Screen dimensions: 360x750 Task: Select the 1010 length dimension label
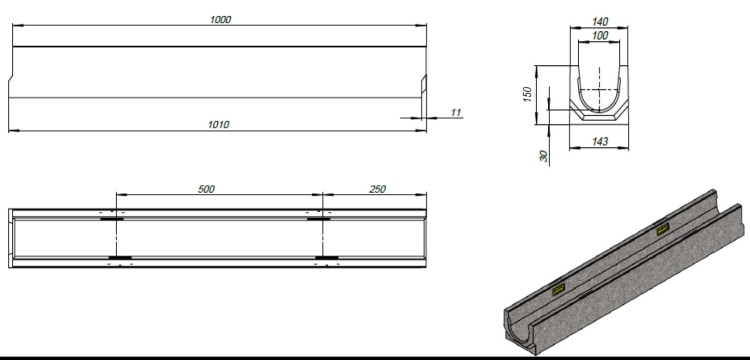point(219,125)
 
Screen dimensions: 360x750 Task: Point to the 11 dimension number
point(455,113)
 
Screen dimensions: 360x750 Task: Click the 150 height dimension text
point(526,95)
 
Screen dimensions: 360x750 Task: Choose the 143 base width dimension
point(600,142)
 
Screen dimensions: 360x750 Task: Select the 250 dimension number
point(377,188)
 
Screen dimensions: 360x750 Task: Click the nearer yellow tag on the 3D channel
point(558,290)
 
